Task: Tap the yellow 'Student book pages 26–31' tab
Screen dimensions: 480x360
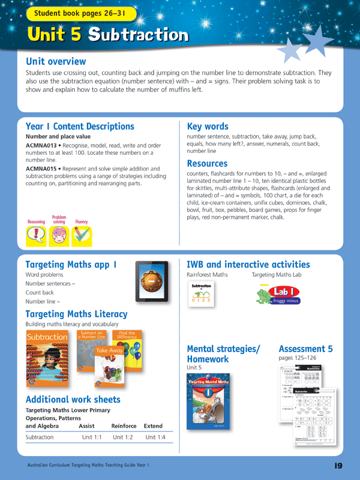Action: [x=81, y=13]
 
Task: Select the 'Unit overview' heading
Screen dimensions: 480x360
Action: [x=56, y=61]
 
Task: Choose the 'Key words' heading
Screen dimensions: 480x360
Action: [x=208, y=127]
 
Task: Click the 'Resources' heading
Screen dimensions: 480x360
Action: [x=207, y=163]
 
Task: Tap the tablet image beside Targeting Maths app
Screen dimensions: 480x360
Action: [x=151, y=280]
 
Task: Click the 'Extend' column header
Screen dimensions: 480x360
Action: [x=154, y=426]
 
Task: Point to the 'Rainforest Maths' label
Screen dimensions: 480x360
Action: [x=207, y=275]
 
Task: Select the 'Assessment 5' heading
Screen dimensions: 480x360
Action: [x=305, y=349]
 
